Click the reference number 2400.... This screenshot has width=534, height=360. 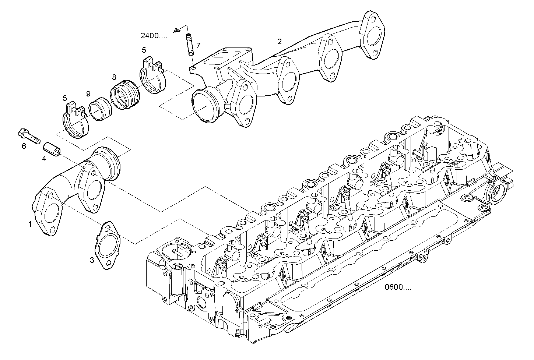154,36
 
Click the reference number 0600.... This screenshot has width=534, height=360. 398,287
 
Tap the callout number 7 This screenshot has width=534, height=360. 198,45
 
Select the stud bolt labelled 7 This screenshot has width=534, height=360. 190,45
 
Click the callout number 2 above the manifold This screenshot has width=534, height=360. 280,41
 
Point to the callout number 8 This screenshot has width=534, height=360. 114,77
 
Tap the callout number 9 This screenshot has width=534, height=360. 88,94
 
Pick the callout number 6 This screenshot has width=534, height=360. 24,146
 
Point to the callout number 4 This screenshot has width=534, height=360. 44,159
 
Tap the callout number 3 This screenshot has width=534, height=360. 92,260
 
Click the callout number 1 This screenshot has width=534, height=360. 30,224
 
